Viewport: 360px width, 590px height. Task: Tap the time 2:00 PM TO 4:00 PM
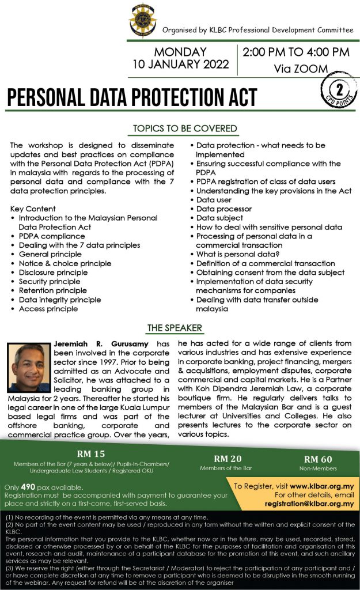point(295,52)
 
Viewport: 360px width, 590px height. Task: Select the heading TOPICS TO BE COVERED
point(185,128)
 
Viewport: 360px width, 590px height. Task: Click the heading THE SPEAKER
point(175,328)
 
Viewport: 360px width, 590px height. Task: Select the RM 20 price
point(227,459)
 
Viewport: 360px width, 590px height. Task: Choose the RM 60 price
point(318,459)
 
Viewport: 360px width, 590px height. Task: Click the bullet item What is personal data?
point(238,254)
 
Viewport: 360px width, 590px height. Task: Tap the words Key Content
point(33,209)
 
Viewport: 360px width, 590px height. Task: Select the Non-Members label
point(318,468)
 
